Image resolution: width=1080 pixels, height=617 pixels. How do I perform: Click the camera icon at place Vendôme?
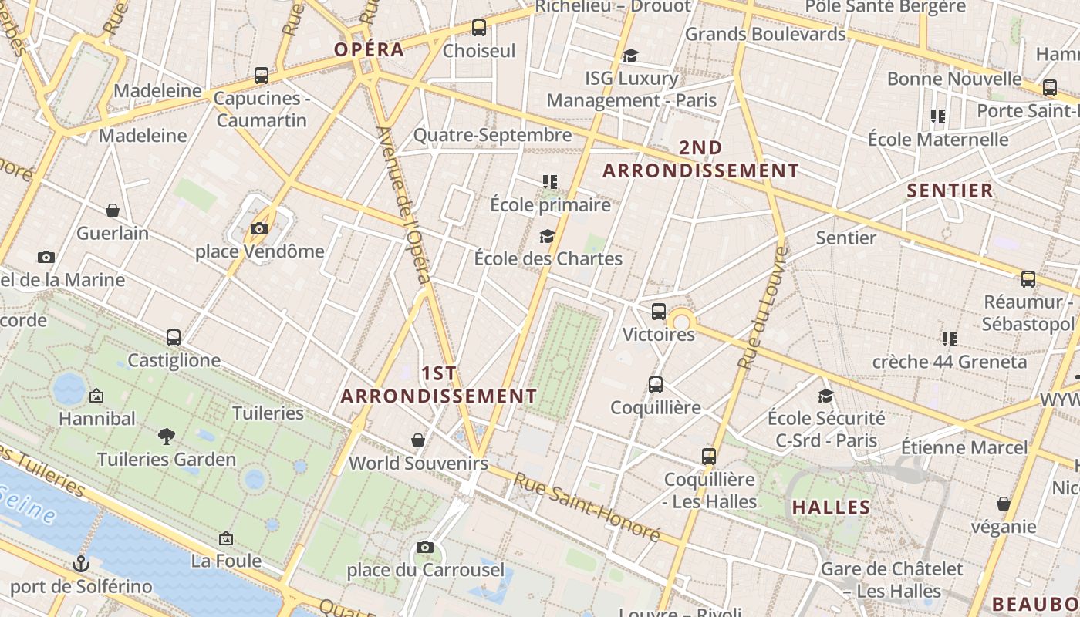(x=258, y=228)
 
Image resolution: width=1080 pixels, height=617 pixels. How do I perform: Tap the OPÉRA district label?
(x=369, y=49)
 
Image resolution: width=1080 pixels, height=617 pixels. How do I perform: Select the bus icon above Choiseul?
(x=479, y=28)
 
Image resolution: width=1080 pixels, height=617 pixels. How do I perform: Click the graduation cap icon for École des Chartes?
(x=548, y=236)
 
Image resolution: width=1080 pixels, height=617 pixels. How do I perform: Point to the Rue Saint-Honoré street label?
(x=587, y=507)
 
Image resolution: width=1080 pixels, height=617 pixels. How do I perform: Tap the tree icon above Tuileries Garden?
(x=166, y=437)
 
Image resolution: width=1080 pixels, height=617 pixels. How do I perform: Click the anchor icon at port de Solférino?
(x=81, y=564)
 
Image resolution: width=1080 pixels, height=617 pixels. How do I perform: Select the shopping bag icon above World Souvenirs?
(x=418, y=440)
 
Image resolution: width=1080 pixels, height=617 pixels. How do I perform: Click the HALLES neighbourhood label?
(x=831, y=507)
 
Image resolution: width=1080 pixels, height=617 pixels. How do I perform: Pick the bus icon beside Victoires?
(x=659, y=312)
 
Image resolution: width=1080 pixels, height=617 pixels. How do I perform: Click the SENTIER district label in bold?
(x=950, y=190)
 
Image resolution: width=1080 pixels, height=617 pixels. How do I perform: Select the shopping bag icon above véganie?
(x=1004, y=504)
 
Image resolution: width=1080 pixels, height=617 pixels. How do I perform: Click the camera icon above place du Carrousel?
(x=424, y=548)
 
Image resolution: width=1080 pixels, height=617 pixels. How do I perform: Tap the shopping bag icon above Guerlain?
(x=113, y=211)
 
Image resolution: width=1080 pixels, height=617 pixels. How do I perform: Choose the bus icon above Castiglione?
(x=174, y=338)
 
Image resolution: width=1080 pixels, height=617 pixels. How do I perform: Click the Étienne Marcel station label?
(x=964, y=447)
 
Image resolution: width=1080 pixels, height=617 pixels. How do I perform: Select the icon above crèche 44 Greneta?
(x=949, y=339)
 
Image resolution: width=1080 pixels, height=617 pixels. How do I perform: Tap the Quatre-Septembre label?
(x=492, y=135)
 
